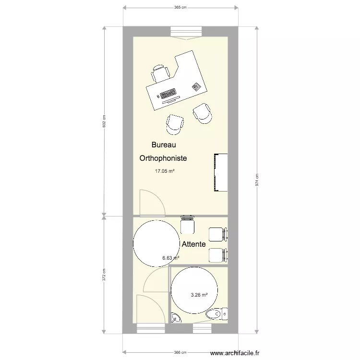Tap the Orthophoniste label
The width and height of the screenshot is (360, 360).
tap(163, 158)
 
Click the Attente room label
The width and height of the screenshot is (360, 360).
tap(193, 244)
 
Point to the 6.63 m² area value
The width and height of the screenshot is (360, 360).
tap(170, 258)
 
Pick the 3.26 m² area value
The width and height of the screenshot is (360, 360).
tap(199, 295)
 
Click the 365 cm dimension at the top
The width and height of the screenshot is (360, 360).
tap(180, 8)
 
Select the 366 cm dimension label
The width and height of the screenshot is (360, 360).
tap(180, 352)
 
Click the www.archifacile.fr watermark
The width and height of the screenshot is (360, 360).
tap(238, 353)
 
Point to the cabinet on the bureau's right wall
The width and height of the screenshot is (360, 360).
tap(220, 172)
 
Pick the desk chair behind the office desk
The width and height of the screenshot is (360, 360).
tap(161, 73)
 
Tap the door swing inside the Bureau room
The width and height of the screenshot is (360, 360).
tap(151, 202)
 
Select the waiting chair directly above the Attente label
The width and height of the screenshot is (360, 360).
tap(187, 225)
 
